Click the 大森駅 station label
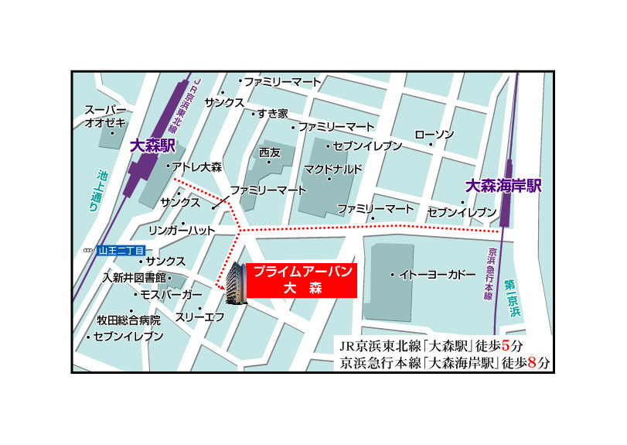pyautogui.click(x=154, y=145)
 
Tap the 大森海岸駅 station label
pyautogui.click(x=503, y=187)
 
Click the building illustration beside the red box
pyautogui.click(x=235, y=284)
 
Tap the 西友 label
pyautogui.click(x=270, y=152)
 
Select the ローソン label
pyautogui.click(x=434, y=135)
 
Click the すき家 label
pyautogui.click(x=272, y=113)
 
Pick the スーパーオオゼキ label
pyautogui.click(x=104, y=115)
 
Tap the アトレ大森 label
pyautogui.click(x=196, y=166)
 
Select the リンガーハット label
pyautogui.click(x=182, y=230)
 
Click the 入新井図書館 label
pyautogui.click(x=135, y=277)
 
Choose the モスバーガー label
pyautogui.click(x=171, y=296)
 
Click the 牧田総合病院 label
pyautogui.click(x=128, y=320)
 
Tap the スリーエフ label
pyautogui.click(x=199, y=317)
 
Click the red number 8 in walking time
pyautogui.click(x=531, y=361)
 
